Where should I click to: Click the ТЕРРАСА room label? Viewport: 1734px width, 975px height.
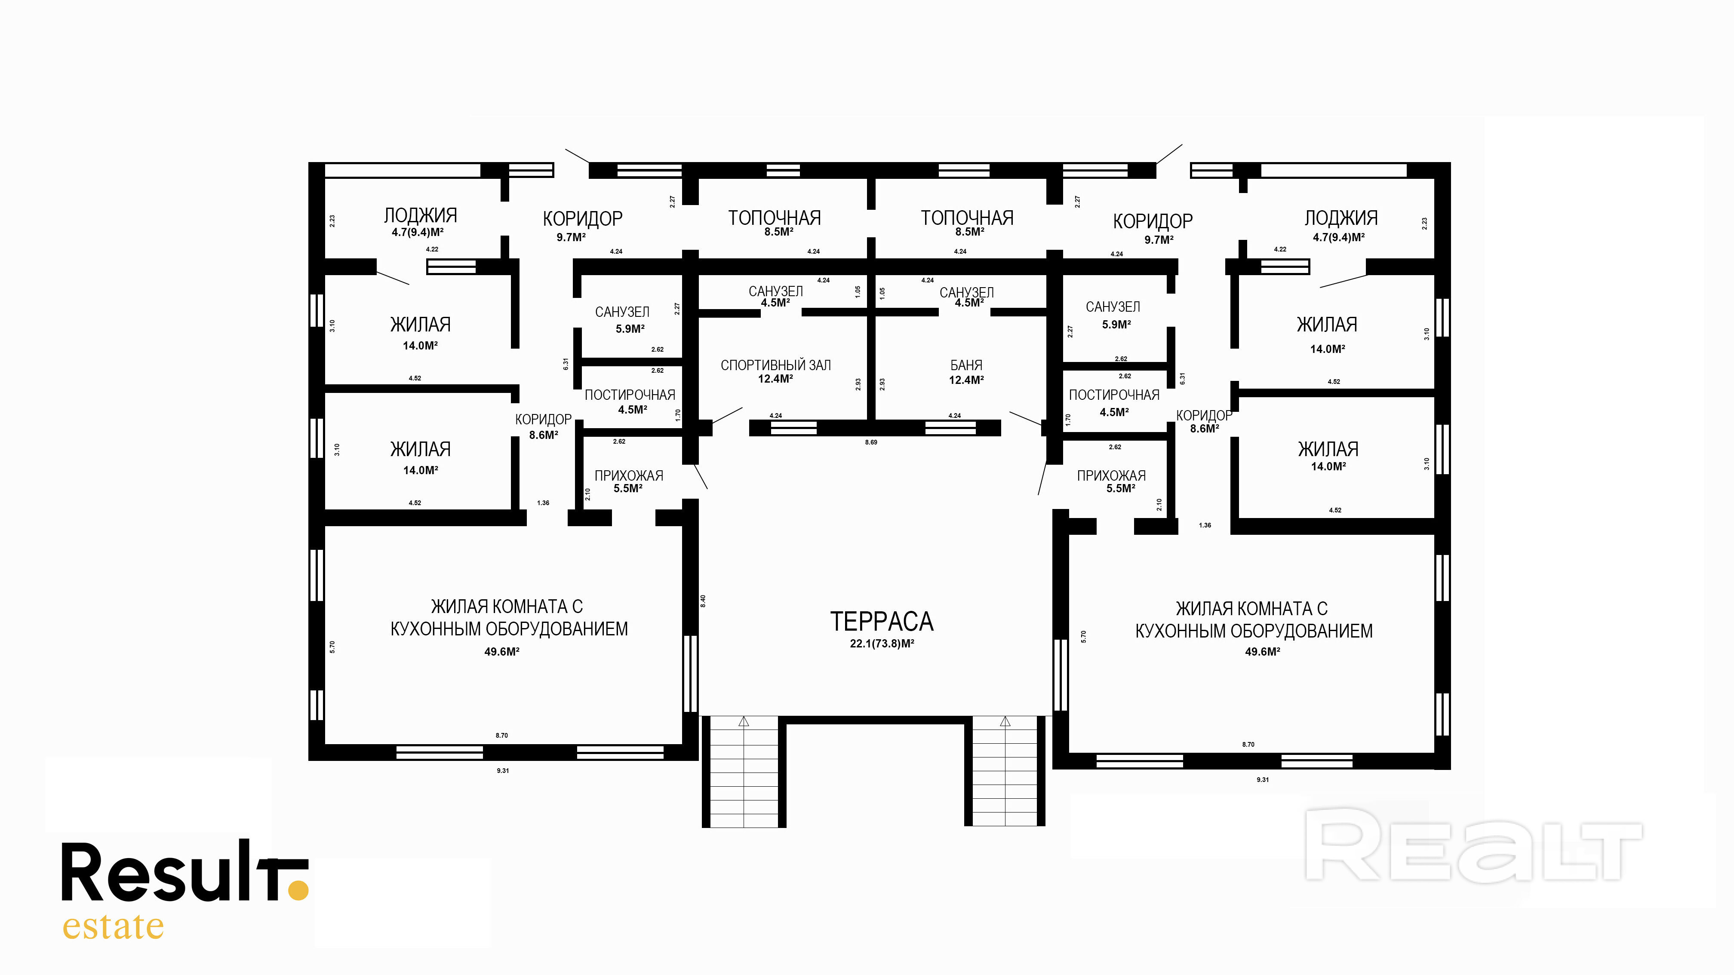tap(882, 622)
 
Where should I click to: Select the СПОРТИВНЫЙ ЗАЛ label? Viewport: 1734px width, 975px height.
tap(775, 365)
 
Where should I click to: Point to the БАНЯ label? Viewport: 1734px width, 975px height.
tap(966, 365)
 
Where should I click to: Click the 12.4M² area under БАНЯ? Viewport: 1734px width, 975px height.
tap(966, 380)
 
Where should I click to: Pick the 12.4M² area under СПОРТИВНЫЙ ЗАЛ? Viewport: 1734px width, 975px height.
tap(775, 379)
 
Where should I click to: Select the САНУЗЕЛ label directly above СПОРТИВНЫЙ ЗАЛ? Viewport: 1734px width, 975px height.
tap(775, 291)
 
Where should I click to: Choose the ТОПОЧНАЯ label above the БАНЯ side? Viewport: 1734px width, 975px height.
tap(967, 218)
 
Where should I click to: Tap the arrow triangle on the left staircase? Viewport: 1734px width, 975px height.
tap(744, 721)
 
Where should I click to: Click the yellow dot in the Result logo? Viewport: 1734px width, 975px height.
tap(298, 889)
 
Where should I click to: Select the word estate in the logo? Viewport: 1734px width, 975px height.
tap(113, 927)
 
